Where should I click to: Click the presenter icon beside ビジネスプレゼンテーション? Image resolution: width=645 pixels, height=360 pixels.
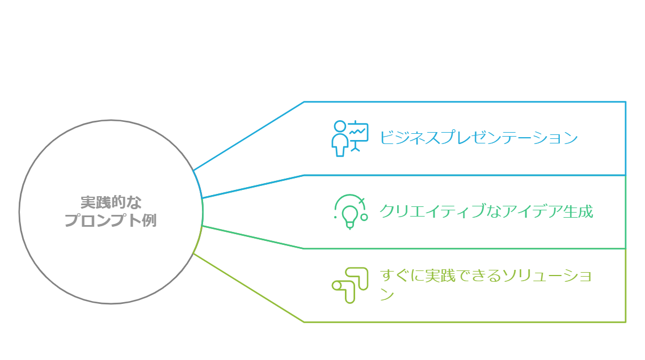[349, 138]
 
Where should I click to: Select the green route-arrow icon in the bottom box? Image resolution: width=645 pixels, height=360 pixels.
[350, 285]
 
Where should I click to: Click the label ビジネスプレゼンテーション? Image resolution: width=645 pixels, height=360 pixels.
[478, 138]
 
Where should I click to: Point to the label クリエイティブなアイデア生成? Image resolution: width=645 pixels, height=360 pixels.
[486, 211]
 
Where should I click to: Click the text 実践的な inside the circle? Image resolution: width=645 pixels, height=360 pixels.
[111, 202]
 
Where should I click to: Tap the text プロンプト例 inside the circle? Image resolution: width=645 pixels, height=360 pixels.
[111, 221]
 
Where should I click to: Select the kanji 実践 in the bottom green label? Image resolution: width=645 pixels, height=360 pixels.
[440, 276]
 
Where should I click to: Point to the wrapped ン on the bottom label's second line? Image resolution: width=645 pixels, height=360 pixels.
[387, 294]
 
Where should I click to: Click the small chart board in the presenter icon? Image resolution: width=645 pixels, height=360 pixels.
[359, 132]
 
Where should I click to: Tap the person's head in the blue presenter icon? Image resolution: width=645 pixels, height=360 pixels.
[340, 126]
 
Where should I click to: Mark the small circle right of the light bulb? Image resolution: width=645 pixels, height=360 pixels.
[364, 217]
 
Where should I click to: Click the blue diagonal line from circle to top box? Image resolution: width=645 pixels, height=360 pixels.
[248, 136]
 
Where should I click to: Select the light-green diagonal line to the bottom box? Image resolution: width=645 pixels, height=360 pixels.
[248, 287]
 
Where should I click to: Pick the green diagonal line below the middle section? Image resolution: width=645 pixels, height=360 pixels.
[253, 237]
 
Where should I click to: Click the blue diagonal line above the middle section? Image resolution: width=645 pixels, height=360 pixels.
[253, 187]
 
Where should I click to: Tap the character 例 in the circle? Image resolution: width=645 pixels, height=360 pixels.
[149, 221]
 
